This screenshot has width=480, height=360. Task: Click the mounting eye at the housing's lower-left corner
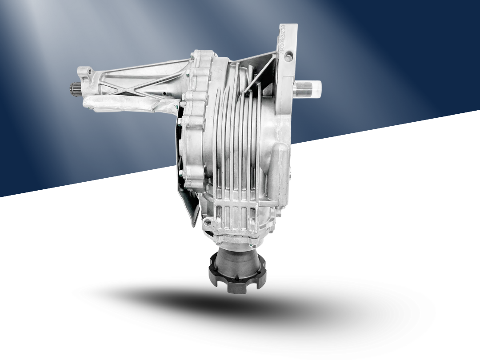pos(205,222)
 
